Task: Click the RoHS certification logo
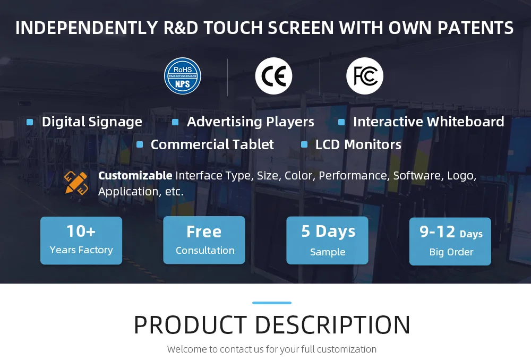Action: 183,76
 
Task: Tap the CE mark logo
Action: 273,76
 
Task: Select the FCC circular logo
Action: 365,76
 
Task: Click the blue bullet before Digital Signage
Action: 30,122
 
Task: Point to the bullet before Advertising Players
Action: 175,122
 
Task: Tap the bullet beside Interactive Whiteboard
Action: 341,122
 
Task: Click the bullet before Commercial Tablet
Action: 140,144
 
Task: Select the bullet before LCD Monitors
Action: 304,144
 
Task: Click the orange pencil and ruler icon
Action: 76,183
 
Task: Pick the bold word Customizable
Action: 135,175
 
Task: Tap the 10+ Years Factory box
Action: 81,241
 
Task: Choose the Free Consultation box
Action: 204,240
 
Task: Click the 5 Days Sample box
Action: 328,241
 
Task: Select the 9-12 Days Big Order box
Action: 450,242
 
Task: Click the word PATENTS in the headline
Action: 475,28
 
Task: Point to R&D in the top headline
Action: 181,28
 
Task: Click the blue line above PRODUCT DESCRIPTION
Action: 272,303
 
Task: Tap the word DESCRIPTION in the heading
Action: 332,325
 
